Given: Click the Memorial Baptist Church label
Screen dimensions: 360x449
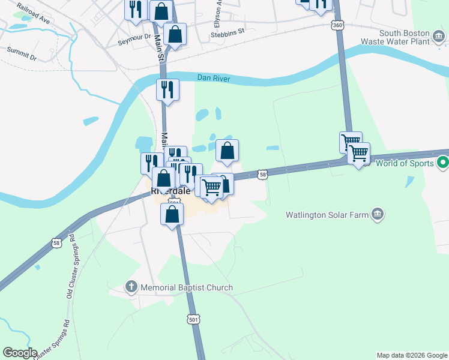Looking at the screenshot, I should point(186,287).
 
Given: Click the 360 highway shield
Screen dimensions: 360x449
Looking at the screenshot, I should point(337,26).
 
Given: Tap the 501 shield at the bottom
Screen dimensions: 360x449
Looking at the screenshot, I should point(193,320).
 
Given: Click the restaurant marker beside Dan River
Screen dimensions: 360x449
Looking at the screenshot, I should point(167,90).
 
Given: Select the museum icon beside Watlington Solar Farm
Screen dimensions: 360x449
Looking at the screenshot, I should point(378,214).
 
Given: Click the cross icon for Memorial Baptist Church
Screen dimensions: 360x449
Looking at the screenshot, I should point(132,287).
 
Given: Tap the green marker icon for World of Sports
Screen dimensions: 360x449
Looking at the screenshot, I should point(443,162).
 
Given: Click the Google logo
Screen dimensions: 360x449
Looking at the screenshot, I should point(19,353).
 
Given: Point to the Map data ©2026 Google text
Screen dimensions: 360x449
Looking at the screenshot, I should point(412,355).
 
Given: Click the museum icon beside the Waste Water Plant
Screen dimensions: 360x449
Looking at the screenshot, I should point(440,37).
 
